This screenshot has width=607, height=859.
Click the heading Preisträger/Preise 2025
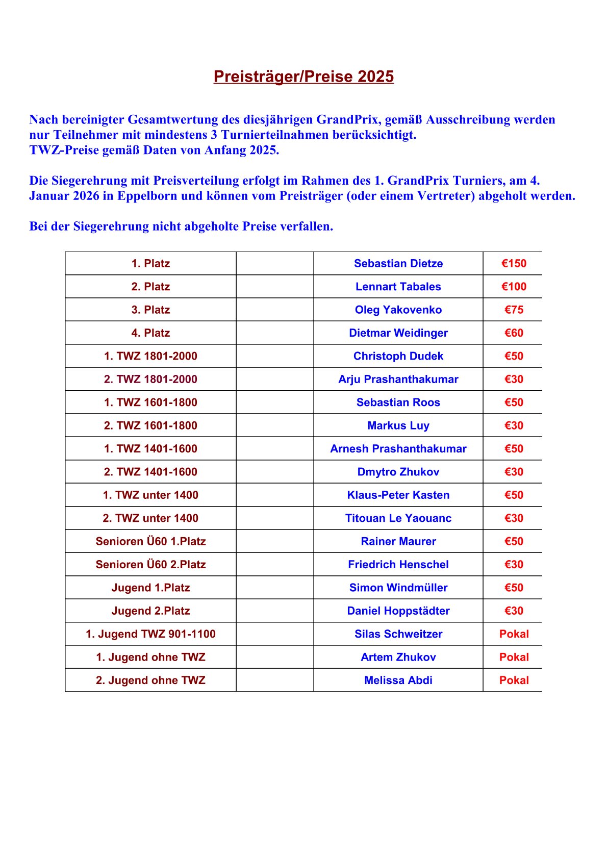coord(303,77)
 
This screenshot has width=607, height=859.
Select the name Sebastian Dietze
coord(398,264)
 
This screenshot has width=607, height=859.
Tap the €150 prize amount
coord(514,264)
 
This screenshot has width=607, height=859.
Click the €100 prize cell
coord(514,287)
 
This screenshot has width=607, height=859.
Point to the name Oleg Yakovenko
coord(398,310)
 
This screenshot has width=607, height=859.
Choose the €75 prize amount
coord(514,310)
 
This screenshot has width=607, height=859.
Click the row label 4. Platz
coord(150,333)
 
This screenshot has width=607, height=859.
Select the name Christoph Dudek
coord(398,356)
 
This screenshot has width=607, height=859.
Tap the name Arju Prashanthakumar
coord(398,380)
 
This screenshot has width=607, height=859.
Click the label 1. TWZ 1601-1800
coord(150,402)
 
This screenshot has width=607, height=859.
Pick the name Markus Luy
coord(398,426)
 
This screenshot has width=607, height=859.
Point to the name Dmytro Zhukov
coord(398,472)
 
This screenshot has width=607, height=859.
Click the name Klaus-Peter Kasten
coord(398,495)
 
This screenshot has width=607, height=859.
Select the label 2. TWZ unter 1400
coord(150,518)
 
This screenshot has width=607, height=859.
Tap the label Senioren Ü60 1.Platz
coord(150,542)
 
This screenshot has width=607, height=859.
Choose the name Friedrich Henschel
coord(398,565)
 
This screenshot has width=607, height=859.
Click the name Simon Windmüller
coord(398,588)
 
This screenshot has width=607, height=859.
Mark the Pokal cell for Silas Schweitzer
coord(514,634)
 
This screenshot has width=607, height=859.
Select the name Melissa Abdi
coord(398,680)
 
